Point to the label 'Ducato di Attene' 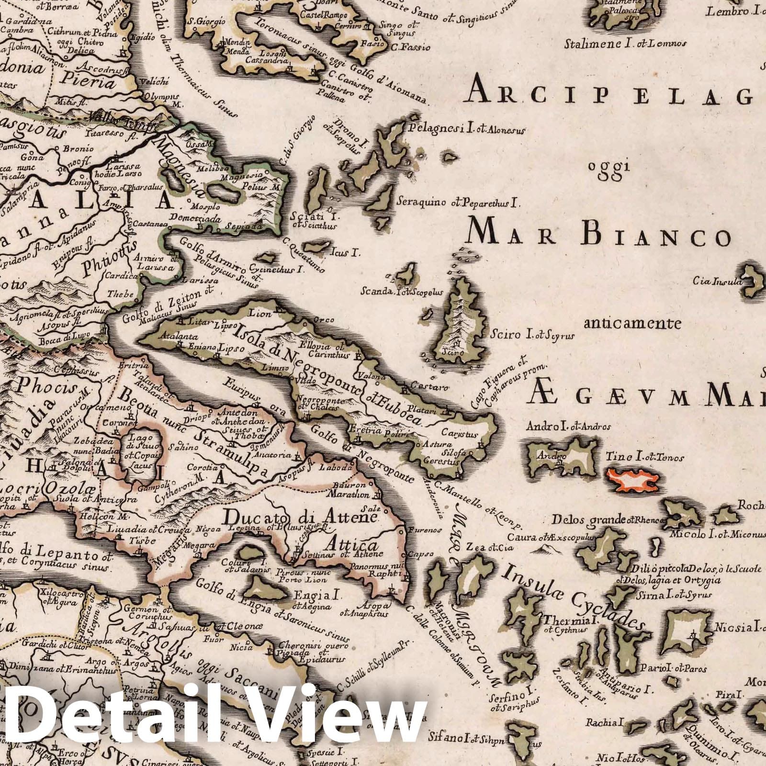[x=301, y=518]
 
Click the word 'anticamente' [x=632, y=324]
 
